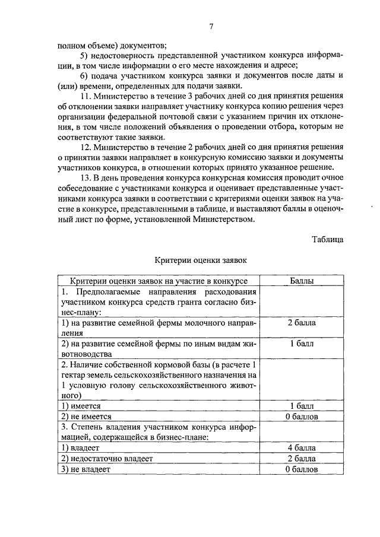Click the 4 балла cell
click(301, 448)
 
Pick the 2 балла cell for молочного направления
click(301, 323)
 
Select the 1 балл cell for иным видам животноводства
click(301, 344)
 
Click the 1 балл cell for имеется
click(301, 406)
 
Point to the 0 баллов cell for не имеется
click(301, 417)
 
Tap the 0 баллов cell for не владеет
click(301, 469)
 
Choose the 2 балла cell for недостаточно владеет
click(301, 459)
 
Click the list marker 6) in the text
click(83, 76)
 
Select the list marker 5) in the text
click(83, 55)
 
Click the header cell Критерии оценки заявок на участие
click(159, 280)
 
